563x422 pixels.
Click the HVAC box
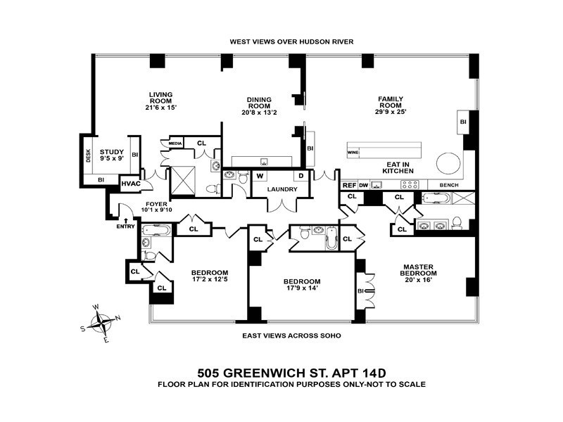131,184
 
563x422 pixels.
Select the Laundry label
281,189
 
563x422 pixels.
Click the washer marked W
260,176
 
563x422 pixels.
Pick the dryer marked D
301,176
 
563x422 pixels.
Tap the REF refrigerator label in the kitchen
349,185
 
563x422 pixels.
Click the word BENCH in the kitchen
449,185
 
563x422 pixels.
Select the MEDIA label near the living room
176,143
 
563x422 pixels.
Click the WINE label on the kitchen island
354,151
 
